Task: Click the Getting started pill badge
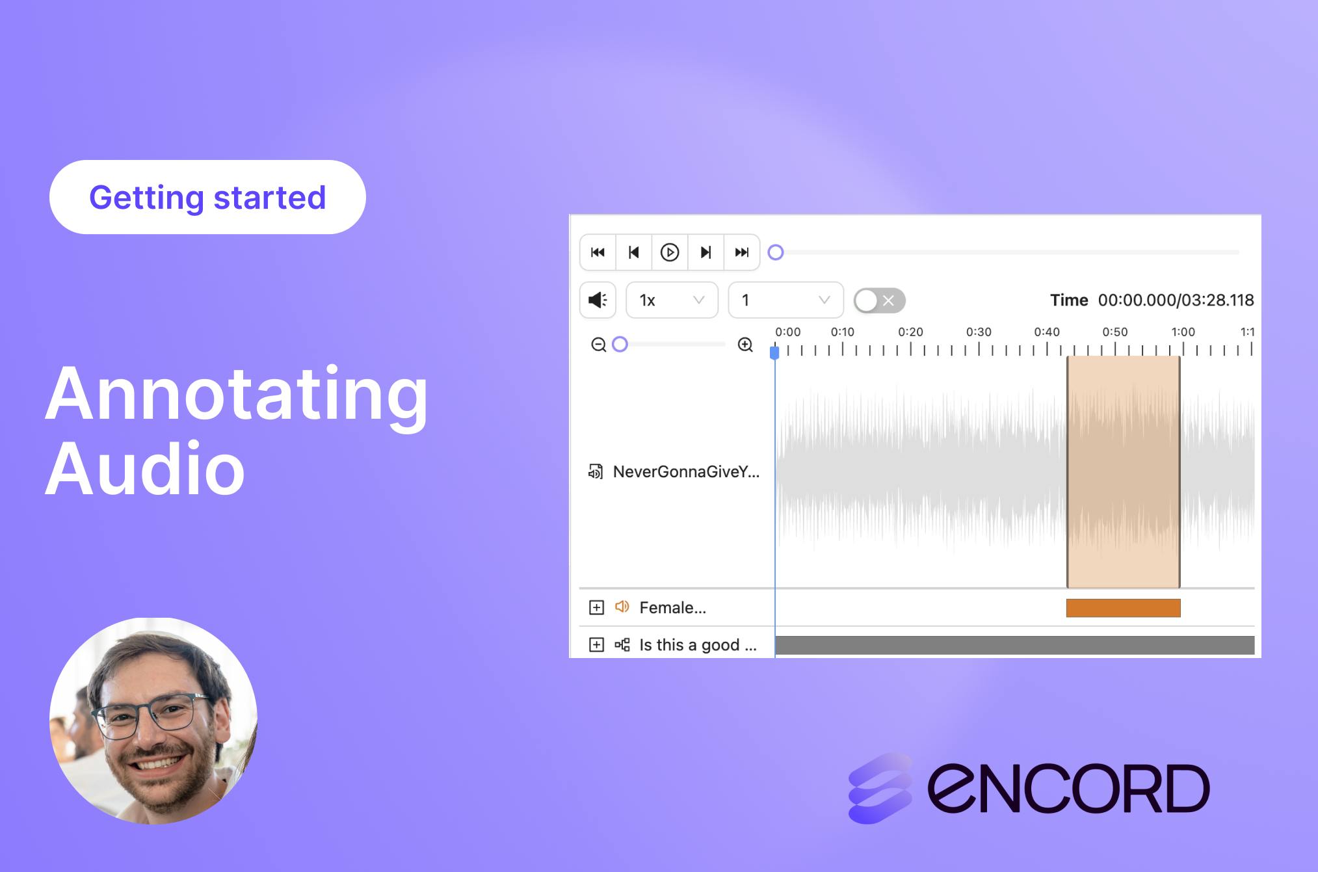tap(207, 197)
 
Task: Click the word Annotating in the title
tap(237, 395)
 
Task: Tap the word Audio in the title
tap(145, 468)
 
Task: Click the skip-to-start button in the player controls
tap(598, 252)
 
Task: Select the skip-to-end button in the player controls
tap(742, 252)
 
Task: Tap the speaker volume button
tap(598, 300)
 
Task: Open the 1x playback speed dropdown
tap(672, 300)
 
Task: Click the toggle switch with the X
tap(879, 300)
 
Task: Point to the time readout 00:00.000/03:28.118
tap(1176, 300)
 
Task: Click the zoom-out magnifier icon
tap(598, 345)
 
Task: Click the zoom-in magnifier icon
tap(745, 345)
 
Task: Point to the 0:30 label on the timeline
tap(979, 332)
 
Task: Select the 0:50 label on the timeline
tap(1115, 332)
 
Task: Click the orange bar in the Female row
tap(1124, 608)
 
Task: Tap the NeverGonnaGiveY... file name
tap(686, 471)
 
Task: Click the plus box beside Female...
tap(596, 607)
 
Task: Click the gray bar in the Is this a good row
tap(1015, 645)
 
